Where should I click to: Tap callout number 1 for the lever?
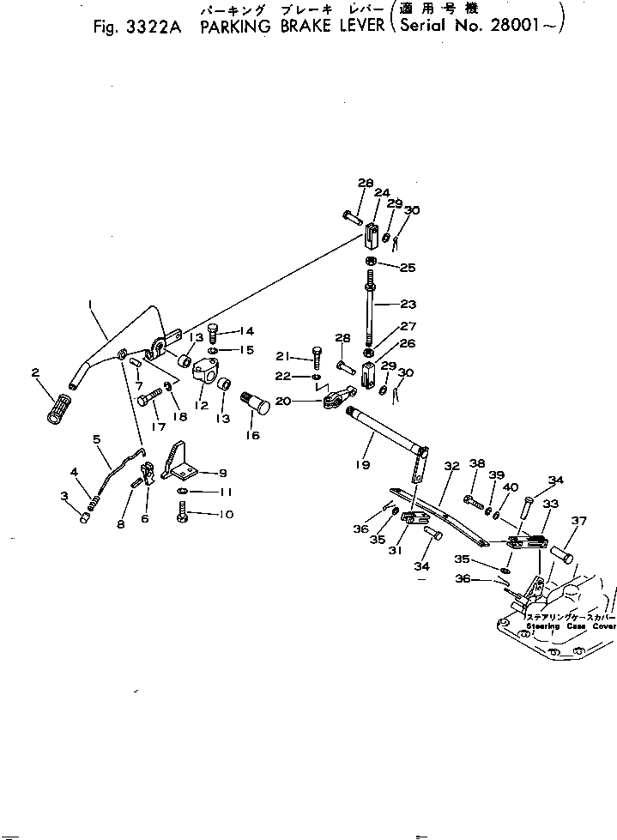click(89, 304)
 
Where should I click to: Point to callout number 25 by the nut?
click(407, 268)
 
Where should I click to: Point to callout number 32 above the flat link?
click(451, 468)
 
